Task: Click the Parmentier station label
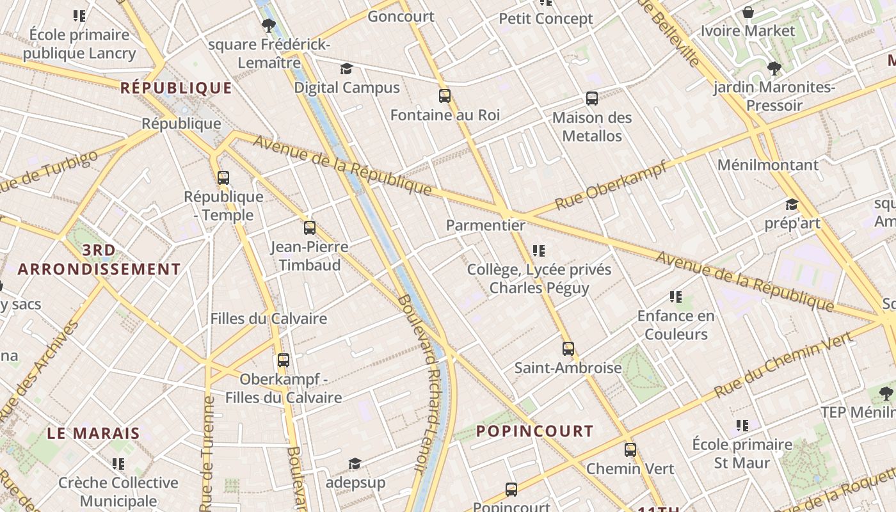tap(485, 225)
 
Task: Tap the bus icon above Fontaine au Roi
tap(445, 97)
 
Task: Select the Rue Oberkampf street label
tap(611, 185)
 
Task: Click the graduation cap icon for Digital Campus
tap(346, 69)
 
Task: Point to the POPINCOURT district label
tap(535, 431)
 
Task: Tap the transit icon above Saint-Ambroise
tap(568, 349)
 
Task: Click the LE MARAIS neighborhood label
tap(93, 433)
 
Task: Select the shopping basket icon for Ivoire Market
tap(748, 12)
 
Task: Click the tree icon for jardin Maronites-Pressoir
tap(774, 68)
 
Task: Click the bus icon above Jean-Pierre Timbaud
tap(310, 228)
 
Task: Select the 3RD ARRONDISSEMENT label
tap(99, 260)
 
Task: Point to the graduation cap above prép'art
tap(792, 205)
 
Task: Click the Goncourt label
tap(401, 17)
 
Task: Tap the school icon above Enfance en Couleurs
tap(676, 297)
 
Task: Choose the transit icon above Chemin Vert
tap(630, 450)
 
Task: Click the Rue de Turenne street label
tap(207, 454)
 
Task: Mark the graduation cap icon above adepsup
tap(355, 463)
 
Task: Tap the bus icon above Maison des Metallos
tap(592, 99)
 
